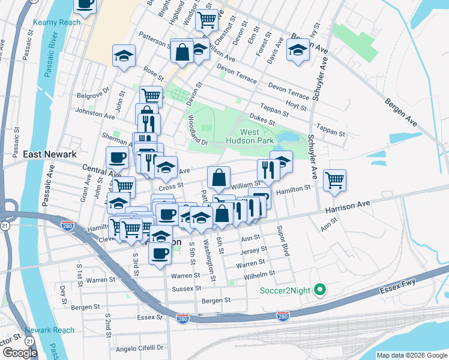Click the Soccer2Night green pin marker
click(320, 290)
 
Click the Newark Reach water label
click(50, 330)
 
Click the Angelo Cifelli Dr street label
click(139, 347)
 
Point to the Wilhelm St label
click(259, 275)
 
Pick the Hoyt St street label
click(296, 107)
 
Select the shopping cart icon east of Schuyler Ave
click(334, 179)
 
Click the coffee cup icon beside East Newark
click(118, 157)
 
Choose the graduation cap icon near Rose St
click(124, 56)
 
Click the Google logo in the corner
click(20, 353)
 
